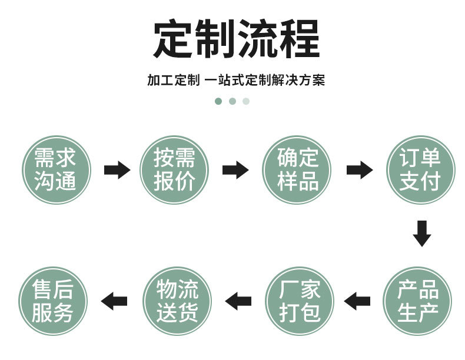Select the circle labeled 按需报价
coord(174,170)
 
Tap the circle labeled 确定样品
coord(297,170)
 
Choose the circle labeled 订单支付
coord(419,170)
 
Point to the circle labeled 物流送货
coord(177,301)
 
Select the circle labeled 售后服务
coord(53,301)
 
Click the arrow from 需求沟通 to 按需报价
coord(117,170)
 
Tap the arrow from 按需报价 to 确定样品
coord(235,170)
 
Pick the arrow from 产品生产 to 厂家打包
coord(357,301)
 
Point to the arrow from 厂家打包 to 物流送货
coord(238,301)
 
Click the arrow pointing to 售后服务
coord(114,301)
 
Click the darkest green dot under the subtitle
coord(218,101)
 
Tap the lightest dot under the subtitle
coord(246,101)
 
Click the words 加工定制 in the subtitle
coord(173,80)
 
